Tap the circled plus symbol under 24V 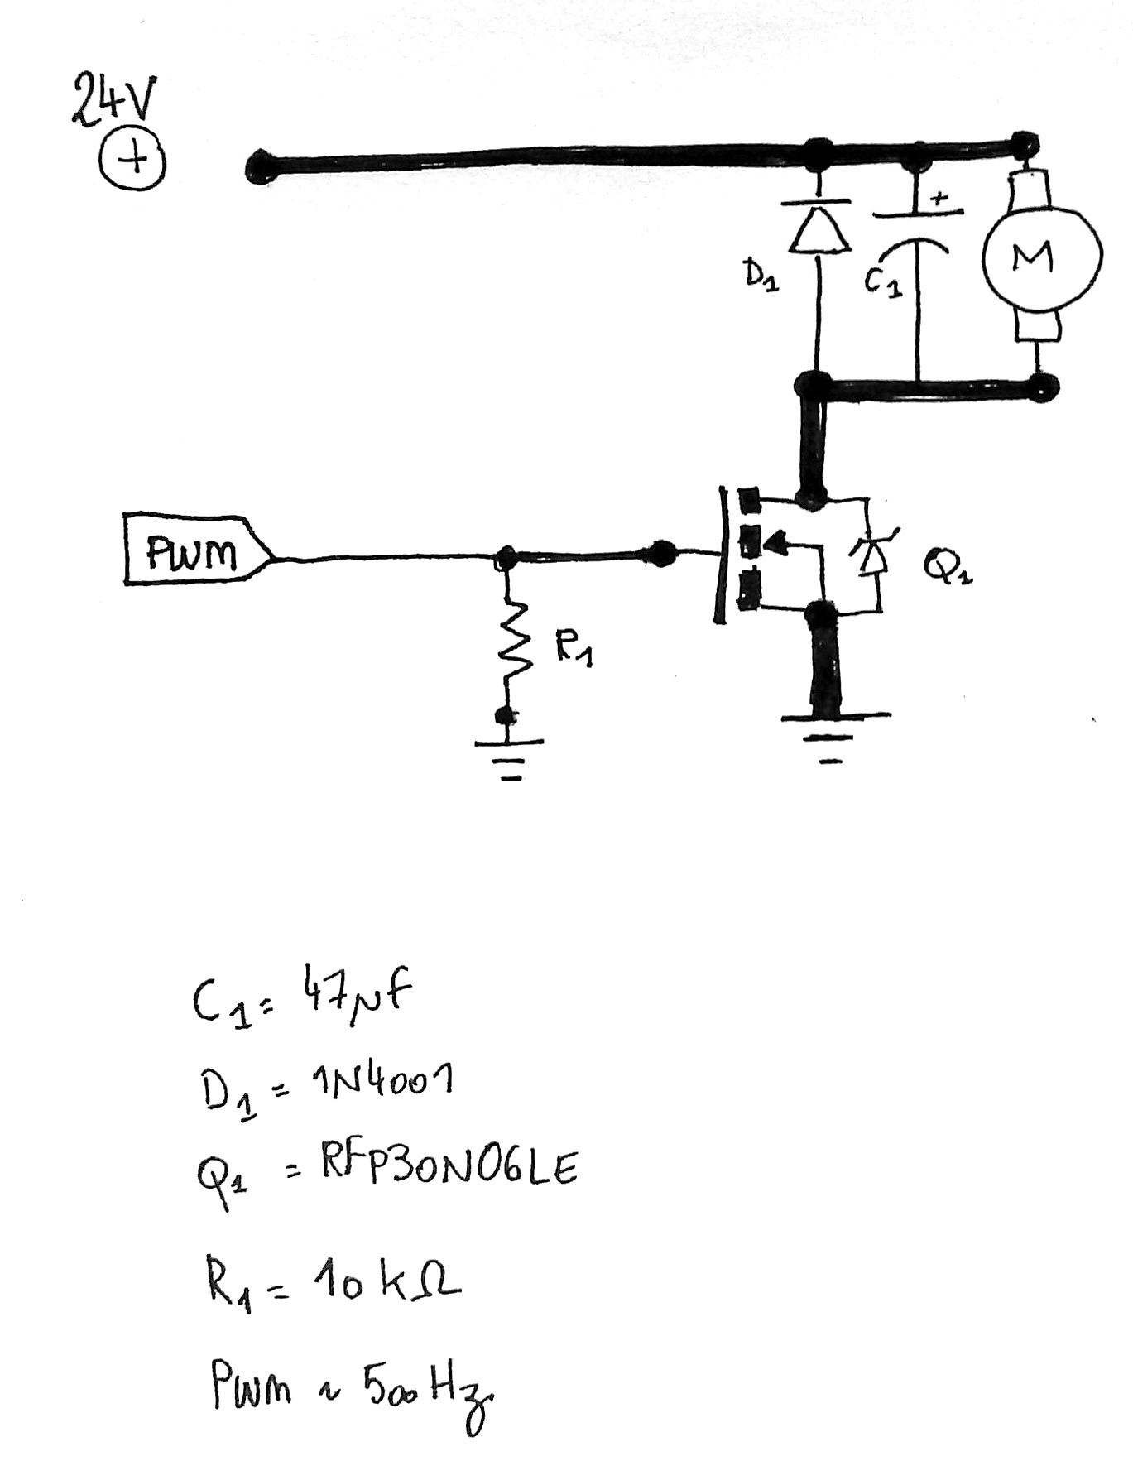(132, 160)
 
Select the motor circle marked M (1040, 257)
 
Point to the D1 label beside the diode (760, 275)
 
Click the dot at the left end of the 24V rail (258, 168)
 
